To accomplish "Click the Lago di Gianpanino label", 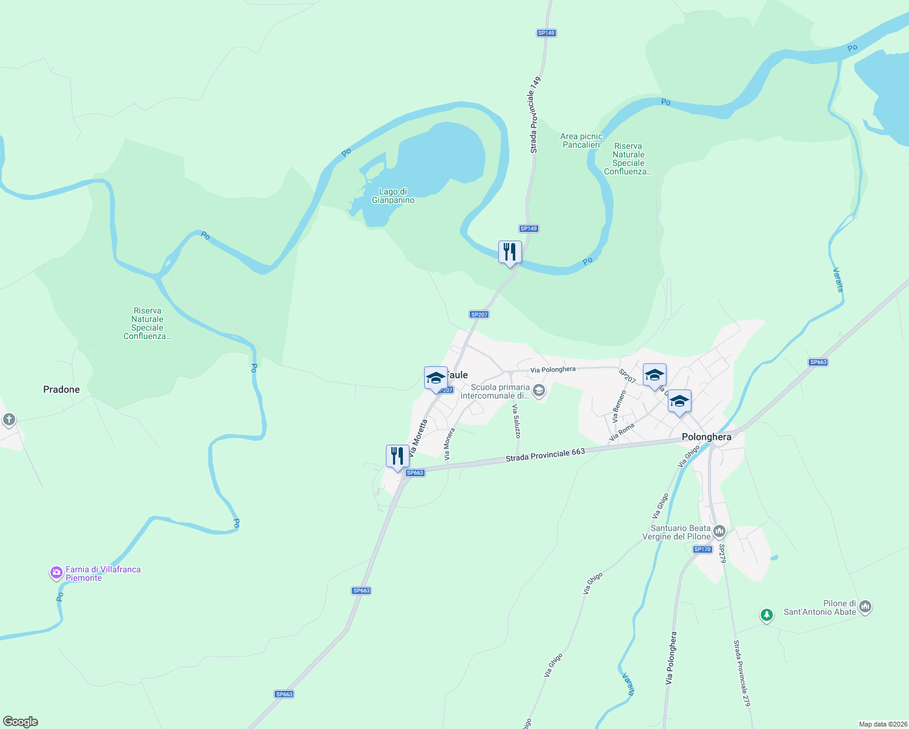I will click(393, 196).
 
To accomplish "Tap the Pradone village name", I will click(61, 389).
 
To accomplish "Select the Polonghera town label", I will click(706, 437).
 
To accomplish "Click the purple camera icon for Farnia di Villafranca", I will click(57, 572).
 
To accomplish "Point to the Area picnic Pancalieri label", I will click(581, 140).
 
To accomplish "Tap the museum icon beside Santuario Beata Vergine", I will click(719, 532).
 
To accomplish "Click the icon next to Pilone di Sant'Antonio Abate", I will click(865, 606).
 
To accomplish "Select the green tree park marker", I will click(767, 615).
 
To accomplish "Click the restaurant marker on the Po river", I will click(510, 252).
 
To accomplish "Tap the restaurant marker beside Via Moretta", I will click(397, 455).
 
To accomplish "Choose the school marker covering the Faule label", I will click(436, 377).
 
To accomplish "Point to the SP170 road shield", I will click(702, 549).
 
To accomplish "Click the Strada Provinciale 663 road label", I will click(545, 455).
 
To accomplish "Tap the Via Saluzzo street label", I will click(516, 421).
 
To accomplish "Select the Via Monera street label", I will click(449, 444).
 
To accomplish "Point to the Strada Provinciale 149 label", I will click(534, 115).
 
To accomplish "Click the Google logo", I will click(21, 722).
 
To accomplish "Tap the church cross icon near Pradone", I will click(9, 419).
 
